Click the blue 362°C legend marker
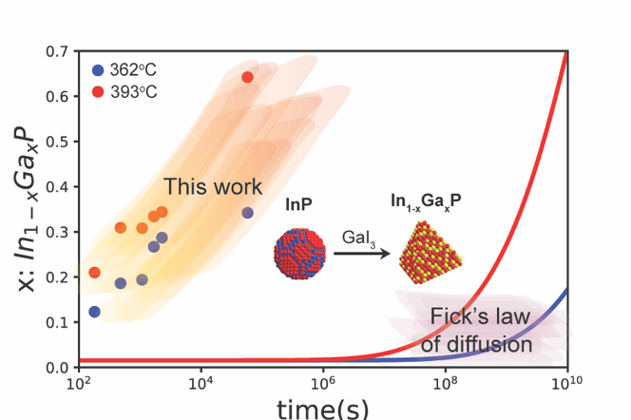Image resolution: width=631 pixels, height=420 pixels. click(x=98, y=70)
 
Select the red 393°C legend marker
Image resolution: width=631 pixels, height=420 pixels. click(x=98, y=91)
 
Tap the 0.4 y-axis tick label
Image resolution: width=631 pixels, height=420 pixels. click(x=56, y=186)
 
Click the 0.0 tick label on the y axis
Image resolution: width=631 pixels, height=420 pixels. click(x=56, y=367)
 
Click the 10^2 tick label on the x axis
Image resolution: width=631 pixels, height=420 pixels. click(x=78, y=384)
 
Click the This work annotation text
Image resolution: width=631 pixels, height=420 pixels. click(x=212, y=186)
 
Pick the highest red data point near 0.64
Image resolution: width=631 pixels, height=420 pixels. click(x=248, y=77)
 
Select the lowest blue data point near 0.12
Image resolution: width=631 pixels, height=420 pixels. click(x=95, y=312)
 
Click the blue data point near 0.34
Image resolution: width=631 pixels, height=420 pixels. click(x=248, y=213)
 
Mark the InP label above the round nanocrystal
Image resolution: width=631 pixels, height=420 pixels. click(x=298, y=203)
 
